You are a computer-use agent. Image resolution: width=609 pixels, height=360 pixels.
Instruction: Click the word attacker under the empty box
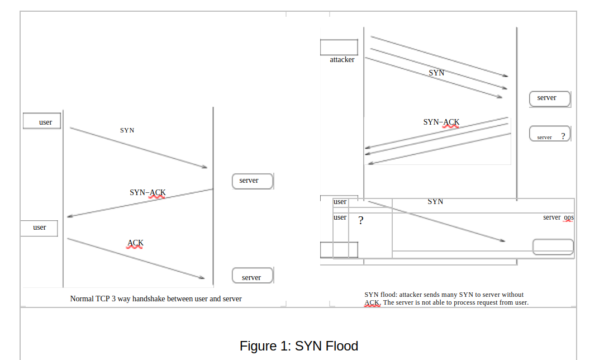click(x=342, y=60)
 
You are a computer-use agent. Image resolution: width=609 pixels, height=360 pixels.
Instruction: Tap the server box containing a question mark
click(x=550, y=134)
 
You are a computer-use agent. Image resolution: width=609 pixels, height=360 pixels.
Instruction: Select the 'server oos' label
click(x=558, y=217)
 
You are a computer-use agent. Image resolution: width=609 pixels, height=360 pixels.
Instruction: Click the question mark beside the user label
click(x=361, y=220)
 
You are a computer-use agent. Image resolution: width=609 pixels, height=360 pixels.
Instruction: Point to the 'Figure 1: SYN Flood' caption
click(x=299, y=346)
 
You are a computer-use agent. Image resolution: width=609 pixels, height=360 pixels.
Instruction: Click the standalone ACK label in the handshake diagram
click(x=135, y=243)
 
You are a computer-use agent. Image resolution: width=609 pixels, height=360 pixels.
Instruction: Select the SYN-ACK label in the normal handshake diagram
click(x=148, y=192)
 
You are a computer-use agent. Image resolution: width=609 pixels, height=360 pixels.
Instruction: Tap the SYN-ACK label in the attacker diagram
click(x=441, y=122)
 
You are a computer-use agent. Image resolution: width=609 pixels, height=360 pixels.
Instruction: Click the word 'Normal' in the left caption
click(x=82, y=299)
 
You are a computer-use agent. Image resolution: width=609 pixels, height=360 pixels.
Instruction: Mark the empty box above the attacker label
click(x=339, y=48)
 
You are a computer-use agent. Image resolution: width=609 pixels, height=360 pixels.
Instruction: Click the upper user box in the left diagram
click(x=42, y=121)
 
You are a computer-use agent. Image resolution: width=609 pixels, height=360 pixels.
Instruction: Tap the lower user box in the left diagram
click(x=39, y=228)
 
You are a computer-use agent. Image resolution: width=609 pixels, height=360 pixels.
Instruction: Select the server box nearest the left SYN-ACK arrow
click(x=253, y=181)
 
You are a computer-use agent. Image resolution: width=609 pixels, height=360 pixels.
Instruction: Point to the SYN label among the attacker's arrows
click(x=436, y=73)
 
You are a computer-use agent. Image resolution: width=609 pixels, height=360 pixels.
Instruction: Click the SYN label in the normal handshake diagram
click(x=127, y=130)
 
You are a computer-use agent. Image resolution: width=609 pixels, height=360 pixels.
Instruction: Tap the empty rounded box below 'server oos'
click(x=553, y=247)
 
